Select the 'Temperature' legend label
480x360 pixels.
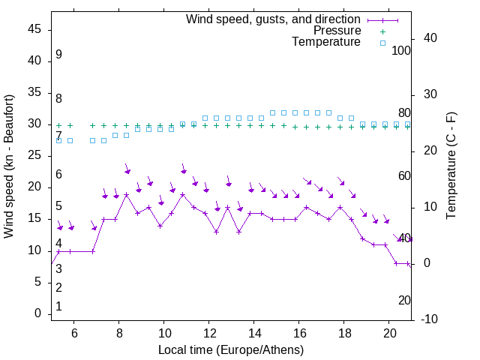[326, 42]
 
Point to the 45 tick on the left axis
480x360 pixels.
[34, 29]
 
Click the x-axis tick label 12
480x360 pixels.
[209, 334]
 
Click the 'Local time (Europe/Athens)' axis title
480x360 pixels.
[231, 349]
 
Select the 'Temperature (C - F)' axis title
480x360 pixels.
[451, 166]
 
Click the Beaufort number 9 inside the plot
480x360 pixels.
[58, 55]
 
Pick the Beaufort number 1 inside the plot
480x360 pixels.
[58, 307]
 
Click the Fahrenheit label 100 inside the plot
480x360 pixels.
[402, 50]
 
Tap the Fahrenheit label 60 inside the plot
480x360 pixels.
[404, 175]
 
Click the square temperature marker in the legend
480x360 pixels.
[382, 43]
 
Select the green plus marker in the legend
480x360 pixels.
[382, 31]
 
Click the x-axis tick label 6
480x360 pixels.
[74, 334]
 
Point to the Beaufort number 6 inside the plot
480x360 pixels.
[58, 175]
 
